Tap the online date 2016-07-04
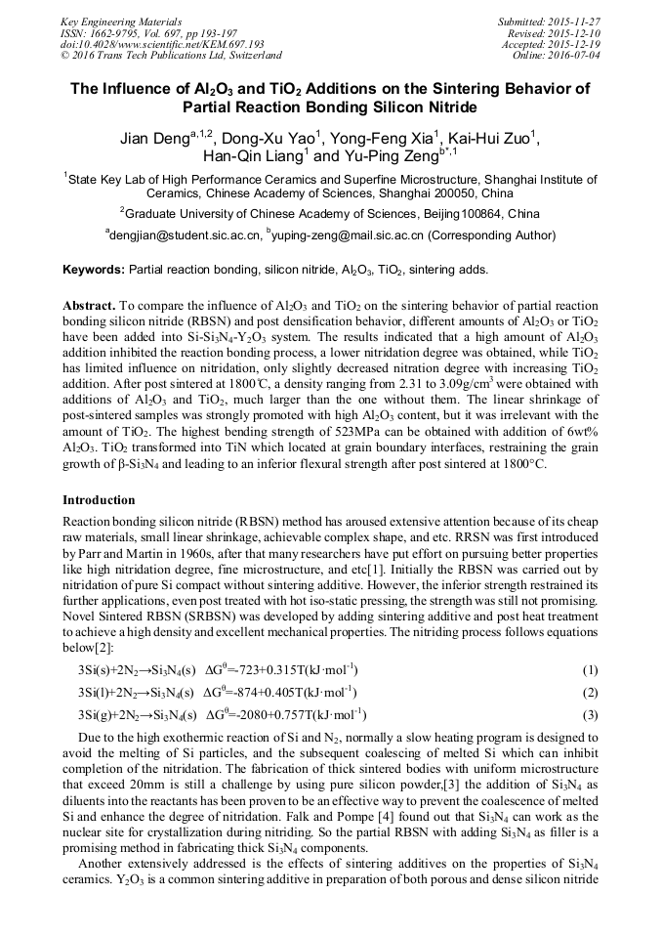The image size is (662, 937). tap(577, 55)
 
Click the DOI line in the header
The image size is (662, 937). tap(162, 44)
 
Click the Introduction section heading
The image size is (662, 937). tap(99, 500)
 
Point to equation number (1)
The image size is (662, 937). tap(590, 670)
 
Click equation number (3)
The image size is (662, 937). tap(590, 714)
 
